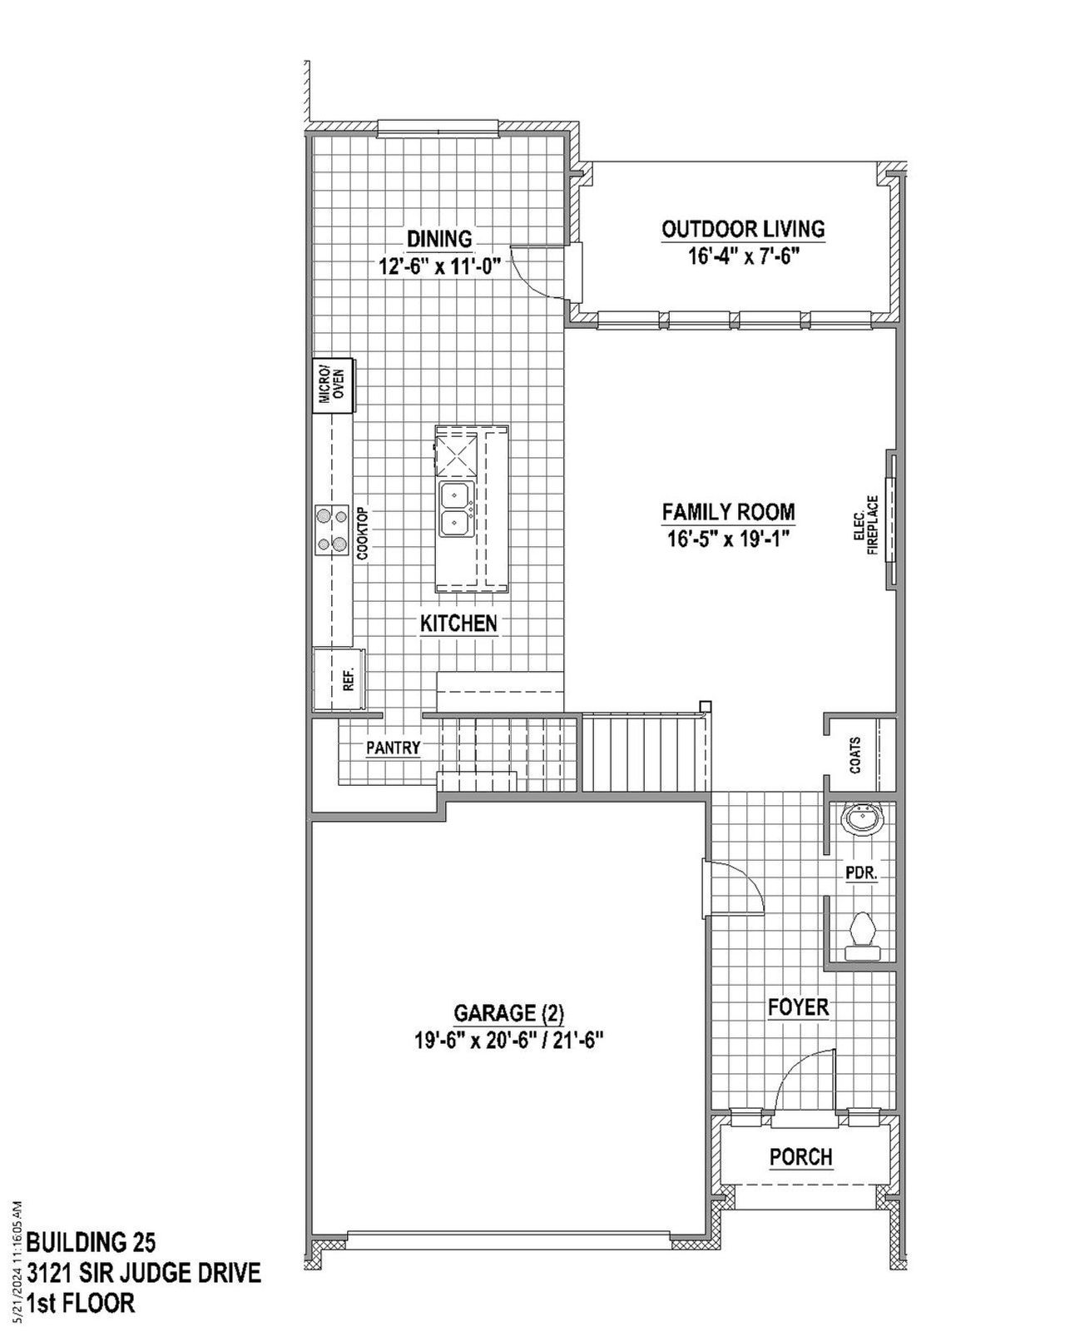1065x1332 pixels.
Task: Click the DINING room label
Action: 439,239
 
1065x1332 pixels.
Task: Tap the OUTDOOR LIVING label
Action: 743,229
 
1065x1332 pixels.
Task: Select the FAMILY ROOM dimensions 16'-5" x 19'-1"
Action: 727,539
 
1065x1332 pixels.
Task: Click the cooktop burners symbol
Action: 331,530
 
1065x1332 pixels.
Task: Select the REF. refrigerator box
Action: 339,679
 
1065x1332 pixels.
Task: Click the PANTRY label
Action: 393,748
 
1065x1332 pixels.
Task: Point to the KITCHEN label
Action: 458,624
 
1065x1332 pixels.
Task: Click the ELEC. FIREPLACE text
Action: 866,525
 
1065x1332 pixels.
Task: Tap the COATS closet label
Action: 855,755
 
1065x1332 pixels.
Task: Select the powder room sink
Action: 861,818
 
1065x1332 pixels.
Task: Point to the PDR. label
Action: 861,873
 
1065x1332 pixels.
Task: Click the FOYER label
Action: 798,1007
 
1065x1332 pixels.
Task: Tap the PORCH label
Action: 800,1157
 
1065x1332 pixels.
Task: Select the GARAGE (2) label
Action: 508,1013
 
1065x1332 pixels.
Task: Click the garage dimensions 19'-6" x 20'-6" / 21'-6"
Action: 508,1040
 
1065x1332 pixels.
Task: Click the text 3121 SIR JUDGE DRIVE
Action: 144,1273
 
